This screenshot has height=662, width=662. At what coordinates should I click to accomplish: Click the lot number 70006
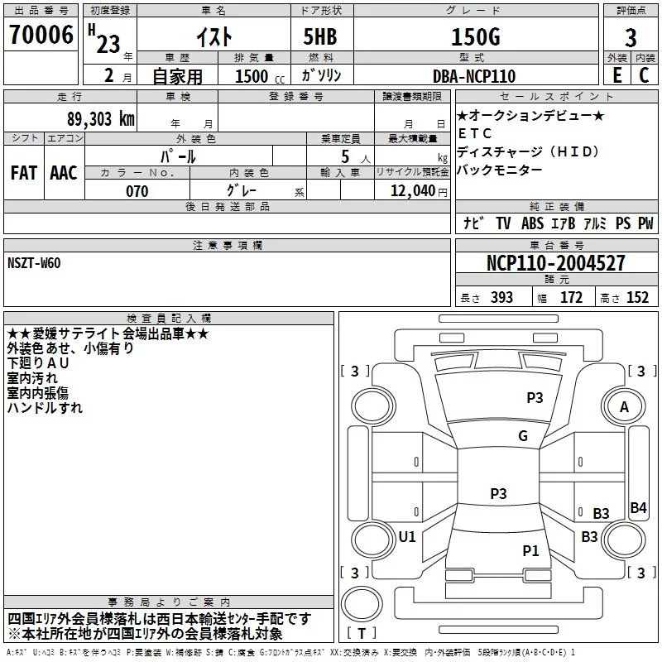tap(41, 36)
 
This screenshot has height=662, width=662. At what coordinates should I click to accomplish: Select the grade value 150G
tap(475, 37)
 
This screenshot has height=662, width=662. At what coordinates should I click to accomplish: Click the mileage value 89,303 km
tap(95, 118)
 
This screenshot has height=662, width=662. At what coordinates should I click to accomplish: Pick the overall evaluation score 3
tap(631, 38)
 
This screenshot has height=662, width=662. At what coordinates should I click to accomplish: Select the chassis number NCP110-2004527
tap(556, 263)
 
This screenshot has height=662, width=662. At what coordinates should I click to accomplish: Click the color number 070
tap(137, 192)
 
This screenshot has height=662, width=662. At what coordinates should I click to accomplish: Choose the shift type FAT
tap(23, 173)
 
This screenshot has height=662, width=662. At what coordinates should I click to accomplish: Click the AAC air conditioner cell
tap(64, 173)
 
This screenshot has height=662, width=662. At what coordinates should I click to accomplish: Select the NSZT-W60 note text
tap(34, 263)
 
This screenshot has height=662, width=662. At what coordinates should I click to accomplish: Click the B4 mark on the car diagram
tap(638, 508)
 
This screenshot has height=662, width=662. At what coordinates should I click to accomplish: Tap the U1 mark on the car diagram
tap(407, 537)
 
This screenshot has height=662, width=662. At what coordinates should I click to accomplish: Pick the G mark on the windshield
tap(522, 436)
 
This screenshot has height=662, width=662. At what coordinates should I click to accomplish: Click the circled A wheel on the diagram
tap(625, 407)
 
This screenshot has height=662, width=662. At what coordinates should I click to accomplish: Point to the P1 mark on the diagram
tap(530, 550)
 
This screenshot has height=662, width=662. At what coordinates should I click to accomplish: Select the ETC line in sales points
tap(475, 133)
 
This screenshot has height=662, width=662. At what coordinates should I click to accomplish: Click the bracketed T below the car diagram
tap(361, 634)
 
